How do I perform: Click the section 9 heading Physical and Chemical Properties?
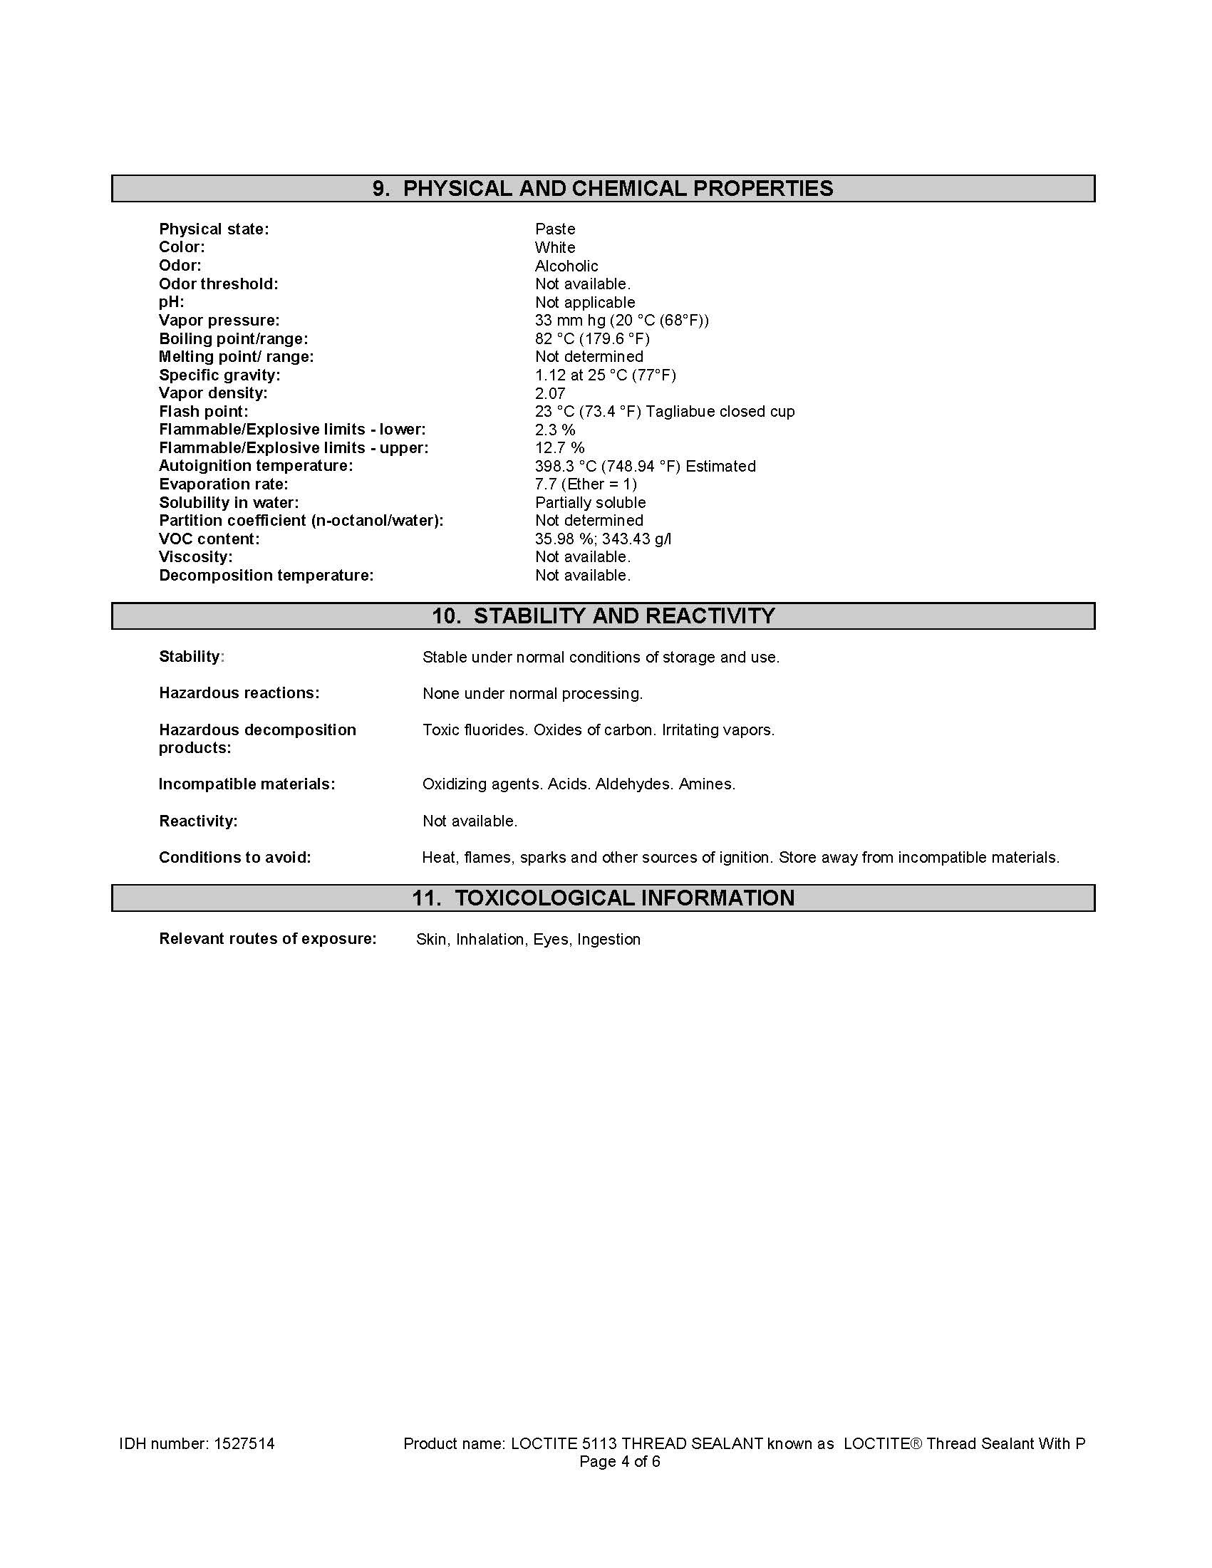point(602,189)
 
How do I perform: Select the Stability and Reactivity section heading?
point(602,616)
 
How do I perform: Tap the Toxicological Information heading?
point(602,898)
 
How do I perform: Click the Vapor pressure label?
point(219,320)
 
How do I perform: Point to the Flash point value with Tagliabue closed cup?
point(664,411)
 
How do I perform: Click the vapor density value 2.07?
point(550,393)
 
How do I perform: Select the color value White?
point(554,247)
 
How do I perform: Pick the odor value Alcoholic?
point(566,266)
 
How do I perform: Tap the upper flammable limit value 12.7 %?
point(559,448)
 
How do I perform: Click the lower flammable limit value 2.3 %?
point(554,430)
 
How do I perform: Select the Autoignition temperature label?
point(256,466)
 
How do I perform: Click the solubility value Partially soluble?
point(589,502)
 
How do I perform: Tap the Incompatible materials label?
point(247,784)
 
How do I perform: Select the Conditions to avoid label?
point(235,857)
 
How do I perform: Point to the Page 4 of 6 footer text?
point(620,1463)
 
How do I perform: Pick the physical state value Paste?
point(554,229)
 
